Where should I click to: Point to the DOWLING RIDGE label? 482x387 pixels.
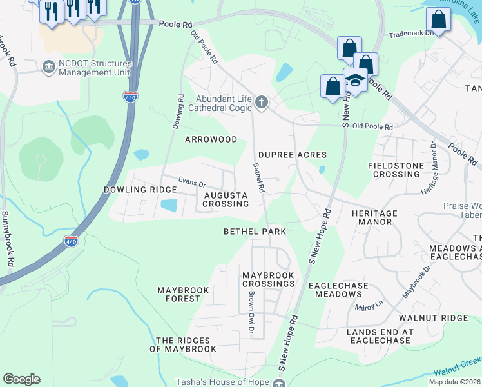pos(140,190)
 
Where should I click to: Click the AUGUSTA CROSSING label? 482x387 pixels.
pos(226,199)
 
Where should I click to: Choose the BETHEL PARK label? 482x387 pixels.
pos(254,231)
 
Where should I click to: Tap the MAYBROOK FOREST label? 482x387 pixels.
pos(183,295)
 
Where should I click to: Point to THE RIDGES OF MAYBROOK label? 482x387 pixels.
pos(183,344)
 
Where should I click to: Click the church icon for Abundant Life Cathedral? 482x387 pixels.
pos(262,102)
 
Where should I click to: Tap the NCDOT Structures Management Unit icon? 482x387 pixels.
pos(48,66)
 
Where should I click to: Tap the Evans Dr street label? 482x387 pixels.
pos(192,183)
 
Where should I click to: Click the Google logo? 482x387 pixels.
pos(21,379)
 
